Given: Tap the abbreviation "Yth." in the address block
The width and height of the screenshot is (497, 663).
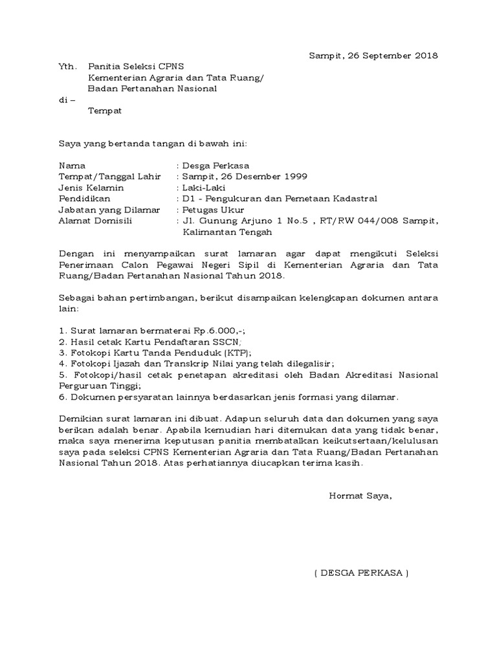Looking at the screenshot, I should pos(67,67).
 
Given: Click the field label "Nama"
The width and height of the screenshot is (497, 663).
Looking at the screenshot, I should pos(72,166).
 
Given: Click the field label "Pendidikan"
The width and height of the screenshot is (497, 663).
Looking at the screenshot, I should pos(85,199).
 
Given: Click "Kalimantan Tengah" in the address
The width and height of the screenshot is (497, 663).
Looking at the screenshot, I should pos(227,232).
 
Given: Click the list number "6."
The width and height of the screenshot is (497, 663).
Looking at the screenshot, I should pos(62,397).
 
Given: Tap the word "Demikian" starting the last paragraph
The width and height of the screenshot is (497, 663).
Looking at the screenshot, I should pos(79,419).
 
